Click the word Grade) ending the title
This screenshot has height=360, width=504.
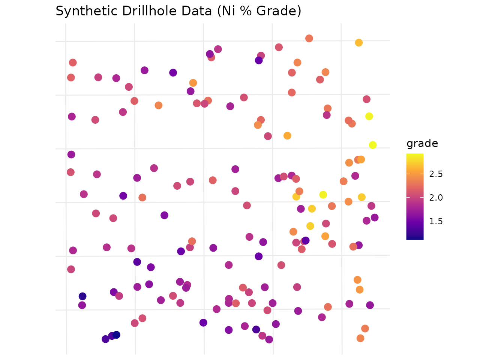coord(279,11)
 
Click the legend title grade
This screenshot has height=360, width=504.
coord(422,144)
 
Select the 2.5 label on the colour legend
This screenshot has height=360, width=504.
coord(436,174)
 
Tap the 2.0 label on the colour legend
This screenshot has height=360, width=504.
coord(436,198)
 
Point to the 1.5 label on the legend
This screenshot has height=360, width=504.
coord(436,221)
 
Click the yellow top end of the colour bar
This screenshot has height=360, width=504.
coord(415,155)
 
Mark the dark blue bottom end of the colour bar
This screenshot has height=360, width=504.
coord(415,237)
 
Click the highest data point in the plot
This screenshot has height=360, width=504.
coord(309,38)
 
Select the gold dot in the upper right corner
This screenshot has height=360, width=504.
coord(358,43)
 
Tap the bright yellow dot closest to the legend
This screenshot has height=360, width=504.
coord(372,145)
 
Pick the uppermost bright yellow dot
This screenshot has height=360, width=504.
coord(369,116)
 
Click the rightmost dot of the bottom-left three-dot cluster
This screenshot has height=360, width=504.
coord(116,335)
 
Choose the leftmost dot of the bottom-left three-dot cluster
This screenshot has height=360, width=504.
coord(105,339)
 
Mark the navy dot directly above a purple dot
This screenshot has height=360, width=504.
coord(82,296)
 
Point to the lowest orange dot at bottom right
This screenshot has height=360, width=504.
coord(360,338)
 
